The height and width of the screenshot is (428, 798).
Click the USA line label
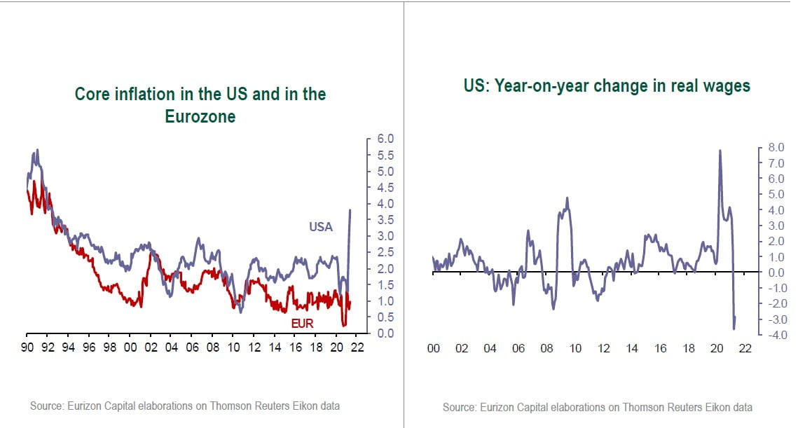coord(321,227)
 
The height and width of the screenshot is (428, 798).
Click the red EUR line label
coord(302,324)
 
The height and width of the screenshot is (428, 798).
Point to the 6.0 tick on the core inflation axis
coord(386,139)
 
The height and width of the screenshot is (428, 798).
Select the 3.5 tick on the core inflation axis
coord(386,219)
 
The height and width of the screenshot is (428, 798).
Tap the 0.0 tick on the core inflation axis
coord(386,333)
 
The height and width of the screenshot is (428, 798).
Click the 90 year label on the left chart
coord(27,347)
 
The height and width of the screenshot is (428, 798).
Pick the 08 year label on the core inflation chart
coord(212,347)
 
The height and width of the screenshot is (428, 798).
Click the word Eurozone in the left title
coord(200,116)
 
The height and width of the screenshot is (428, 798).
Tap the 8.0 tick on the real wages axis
coord(778,148)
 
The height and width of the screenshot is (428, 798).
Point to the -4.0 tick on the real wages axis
coord(776,334)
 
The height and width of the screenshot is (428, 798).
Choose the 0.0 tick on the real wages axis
coord(778,272)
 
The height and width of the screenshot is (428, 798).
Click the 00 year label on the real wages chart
coord(433,348)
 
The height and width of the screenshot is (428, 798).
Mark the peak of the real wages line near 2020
coord(720,150)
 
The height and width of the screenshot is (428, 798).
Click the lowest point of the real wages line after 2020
coord(734,329)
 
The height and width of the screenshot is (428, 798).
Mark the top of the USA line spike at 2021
coord(350,209)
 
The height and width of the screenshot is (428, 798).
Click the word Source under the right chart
coord(460,407)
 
